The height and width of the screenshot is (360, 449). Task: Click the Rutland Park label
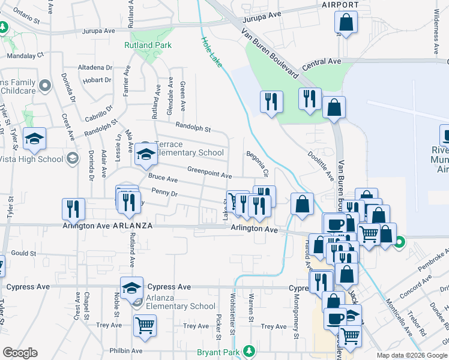click(148, 45)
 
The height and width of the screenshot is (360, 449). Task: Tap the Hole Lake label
click(211, 51)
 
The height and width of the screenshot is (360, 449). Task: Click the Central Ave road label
click(322, 62)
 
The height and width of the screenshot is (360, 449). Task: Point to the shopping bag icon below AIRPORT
click(346, 23)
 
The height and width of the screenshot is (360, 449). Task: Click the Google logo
click(20, 353)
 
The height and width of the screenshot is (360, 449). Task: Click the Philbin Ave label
click(125, 350)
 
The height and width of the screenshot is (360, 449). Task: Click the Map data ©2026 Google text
click(412, 355)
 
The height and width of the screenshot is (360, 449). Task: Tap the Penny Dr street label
click(164, 194)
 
